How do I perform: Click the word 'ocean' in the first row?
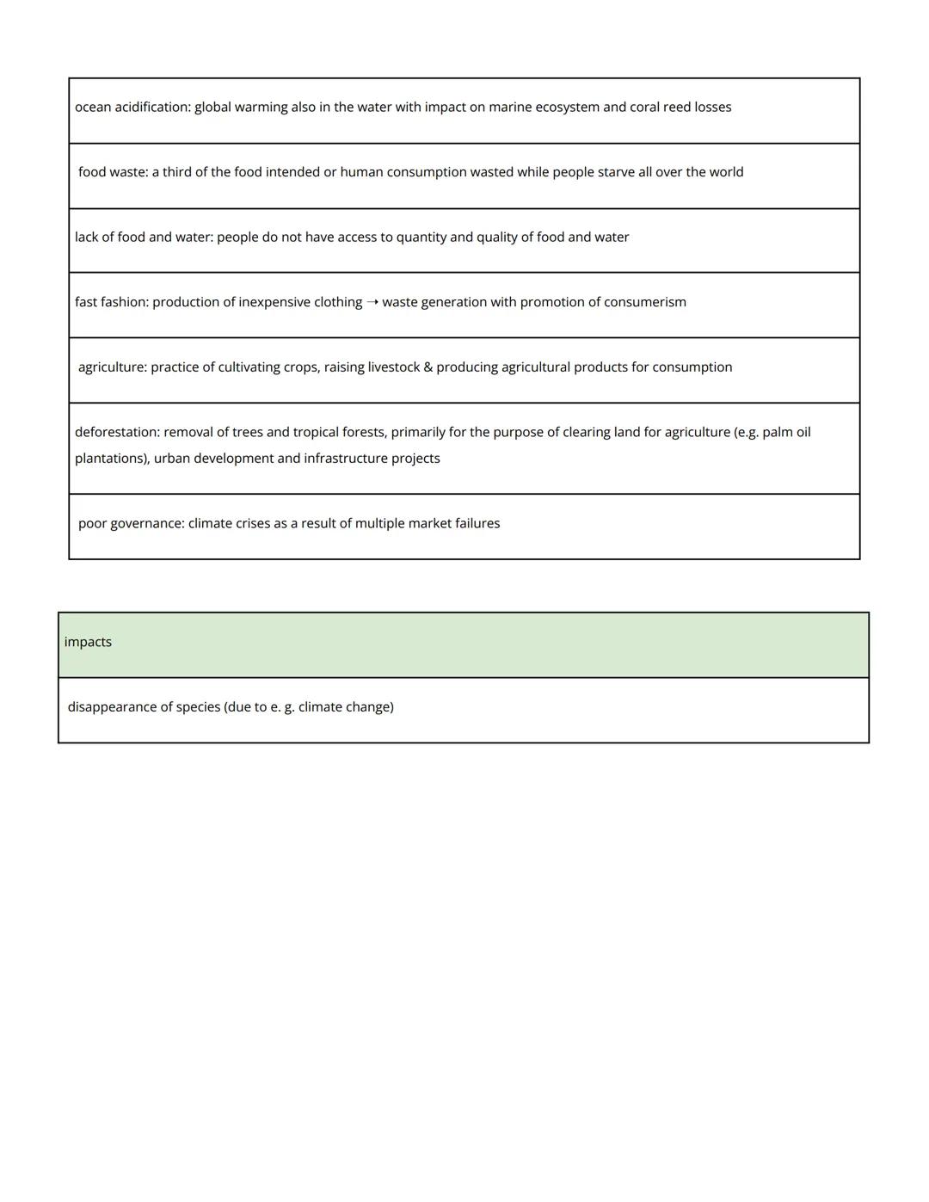tap(93, 108)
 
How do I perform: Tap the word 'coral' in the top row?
tap(644, 108)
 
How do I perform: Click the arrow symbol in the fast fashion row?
tap(372, 302)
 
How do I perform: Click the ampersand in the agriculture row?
tap(428, 367)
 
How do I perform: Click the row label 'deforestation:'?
tap(117, 432)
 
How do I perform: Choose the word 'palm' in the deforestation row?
tap(778, 432)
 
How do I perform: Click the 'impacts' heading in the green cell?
tap(88, 642)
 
